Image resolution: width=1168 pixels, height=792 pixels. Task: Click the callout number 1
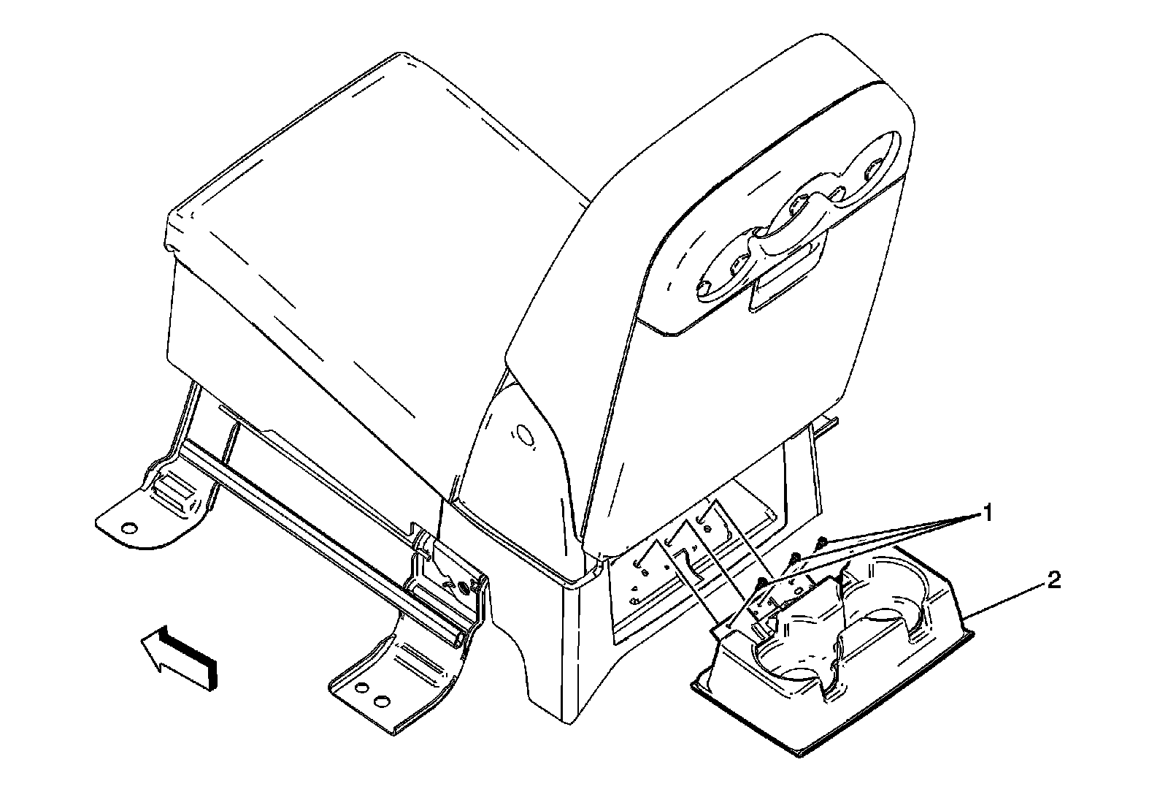(x=987, y=514)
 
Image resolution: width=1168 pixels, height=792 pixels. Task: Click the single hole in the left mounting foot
(x=128, y=527)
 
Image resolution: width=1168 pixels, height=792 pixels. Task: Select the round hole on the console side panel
(x=524, y=435)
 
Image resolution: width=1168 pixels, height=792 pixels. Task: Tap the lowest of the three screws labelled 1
(x=761, y=582)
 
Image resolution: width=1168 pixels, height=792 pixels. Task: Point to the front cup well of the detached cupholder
(x=792, y=658)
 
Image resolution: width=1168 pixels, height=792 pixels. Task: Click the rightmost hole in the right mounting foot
(x=380, y=701)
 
